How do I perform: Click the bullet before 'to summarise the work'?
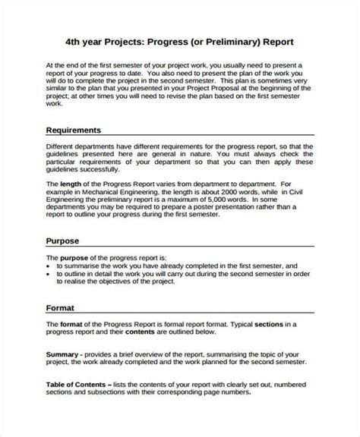click(x=49, y=267)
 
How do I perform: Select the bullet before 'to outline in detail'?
click(x=49, y=276)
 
